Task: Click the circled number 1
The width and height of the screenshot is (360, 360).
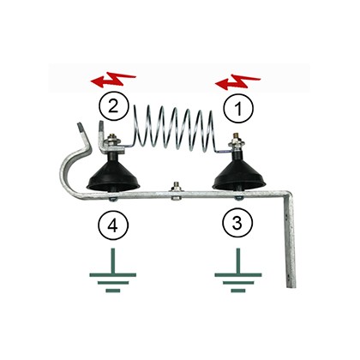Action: point(238,109)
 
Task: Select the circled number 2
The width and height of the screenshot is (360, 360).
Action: point(114,106)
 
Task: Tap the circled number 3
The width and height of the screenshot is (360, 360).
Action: point(237,223)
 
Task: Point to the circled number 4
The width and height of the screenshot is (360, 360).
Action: point(113,225)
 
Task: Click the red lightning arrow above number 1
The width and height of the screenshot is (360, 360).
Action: point(237,81)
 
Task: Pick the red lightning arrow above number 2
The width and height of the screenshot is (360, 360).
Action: point(113,79)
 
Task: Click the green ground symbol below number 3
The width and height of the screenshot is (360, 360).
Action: point(238,270)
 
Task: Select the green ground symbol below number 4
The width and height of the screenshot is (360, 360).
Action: point(113,270)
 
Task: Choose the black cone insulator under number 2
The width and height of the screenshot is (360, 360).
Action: point(113,173)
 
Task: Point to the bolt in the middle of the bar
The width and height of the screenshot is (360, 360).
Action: point(175,190)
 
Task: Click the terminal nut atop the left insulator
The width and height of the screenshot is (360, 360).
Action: point(111,141)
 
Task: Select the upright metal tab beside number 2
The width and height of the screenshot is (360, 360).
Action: point(101,135)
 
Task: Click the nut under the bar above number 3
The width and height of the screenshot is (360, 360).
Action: point(238,198)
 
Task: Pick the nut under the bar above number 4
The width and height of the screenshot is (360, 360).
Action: point(112,199)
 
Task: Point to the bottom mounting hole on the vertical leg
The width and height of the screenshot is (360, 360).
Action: point(288,277)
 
